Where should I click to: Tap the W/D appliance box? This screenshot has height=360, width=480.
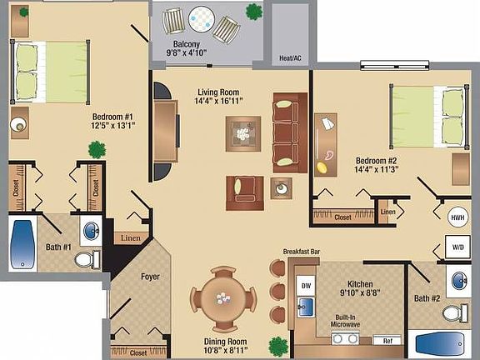point(457,247)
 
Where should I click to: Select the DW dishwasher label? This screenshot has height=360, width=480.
point(306,285)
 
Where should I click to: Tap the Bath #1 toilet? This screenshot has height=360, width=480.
point(84,259)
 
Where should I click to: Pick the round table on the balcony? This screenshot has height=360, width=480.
point(201,17)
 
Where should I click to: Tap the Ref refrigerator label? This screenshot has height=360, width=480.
point(387,341)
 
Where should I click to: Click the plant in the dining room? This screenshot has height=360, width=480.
point(277,344)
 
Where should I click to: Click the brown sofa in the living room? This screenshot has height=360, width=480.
point(285,129)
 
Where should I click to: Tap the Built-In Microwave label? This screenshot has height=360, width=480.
point(347,322)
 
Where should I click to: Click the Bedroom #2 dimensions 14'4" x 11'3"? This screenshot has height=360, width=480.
point(375,170)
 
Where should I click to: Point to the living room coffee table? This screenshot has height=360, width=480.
point(242,132)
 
